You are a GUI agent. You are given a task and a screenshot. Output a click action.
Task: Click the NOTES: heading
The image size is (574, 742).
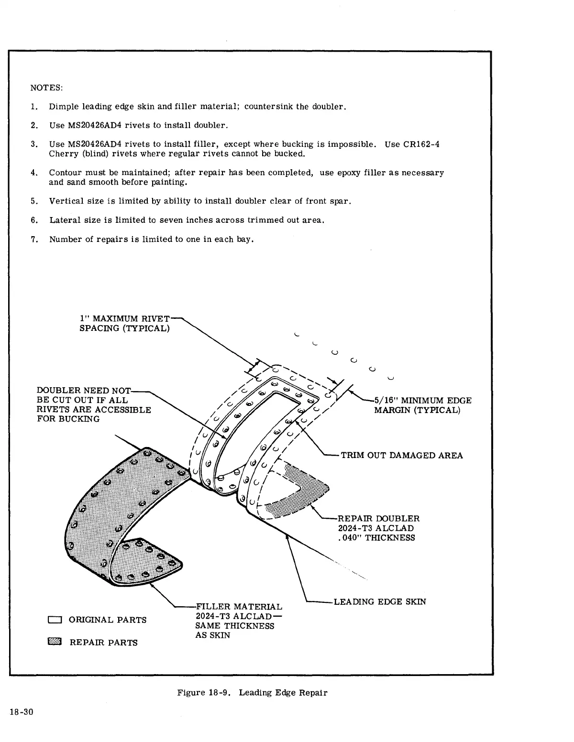(46, 88)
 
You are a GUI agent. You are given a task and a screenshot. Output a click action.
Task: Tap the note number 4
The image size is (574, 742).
(34, 173)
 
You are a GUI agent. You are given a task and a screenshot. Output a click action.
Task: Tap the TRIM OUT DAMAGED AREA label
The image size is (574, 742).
(401, 455)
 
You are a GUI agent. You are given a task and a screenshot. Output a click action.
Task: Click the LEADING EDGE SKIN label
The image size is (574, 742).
(379, 601)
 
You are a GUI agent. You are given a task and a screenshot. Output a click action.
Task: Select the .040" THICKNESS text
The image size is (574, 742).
(376, 538)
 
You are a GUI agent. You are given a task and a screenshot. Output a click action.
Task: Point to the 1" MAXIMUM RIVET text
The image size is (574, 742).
(124, 318)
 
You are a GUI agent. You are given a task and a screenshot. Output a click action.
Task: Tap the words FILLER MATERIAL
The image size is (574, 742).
(239, 607)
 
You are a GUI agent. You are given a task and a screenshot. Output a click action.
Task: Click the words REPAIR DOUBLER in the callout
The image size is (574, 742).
(378, 519)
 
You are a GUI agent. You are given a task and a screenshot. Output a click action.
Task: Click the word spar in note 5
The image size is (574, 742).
(341, 201)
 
